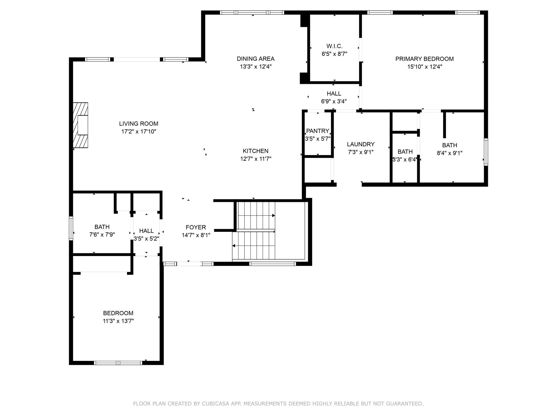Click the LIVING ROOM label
click(138, 124)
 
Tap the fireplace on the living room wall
click(81, 125)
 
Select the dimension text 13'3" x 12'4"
click(255, 66)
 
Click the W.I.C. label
click(334, 46)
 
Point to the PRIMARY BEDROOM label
click(424, 59)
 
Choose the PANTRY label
click(317, 131)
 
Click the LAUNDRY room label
click(361, 144)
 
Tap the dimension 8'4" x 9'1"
click(449, 153)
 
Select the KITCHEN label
click(255, 151)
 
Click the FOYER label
click(196, 227)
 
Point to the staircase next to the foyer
click(256, 231)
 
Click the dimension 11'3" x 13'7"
click(118, 321)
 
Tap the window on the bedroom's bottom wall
click(118, 362)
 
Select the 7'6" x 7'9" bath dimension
click(102, 235)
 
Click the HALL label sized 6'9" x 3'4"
click(334, 94)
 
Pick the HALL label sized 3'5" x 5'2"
click(146, 231)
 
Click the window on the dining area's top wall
click(252, 13)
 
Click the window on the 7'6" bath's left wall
click(71, 228)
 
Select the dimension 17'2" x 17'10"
click(138, 131)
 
